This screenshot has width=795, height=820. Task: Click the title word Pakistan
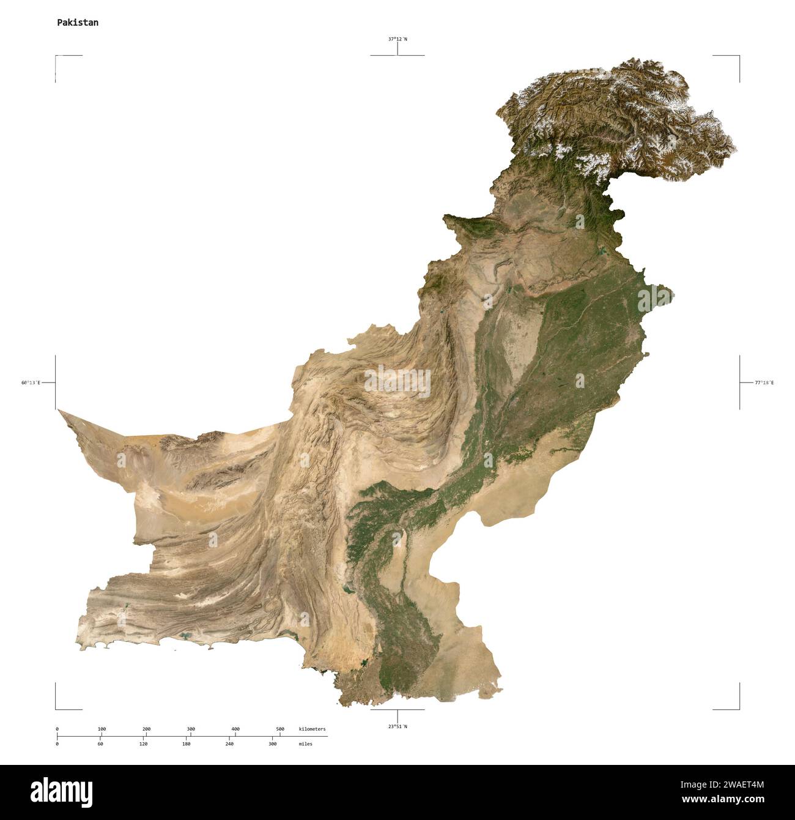78,23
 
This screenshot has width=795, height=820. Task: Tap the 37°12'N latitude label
398,39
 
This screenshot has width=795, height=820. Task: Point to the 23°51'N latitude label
398,726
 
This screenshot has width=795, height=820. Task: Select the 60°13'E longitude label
31,382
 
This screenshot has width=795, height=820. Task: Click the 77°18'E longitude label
764,382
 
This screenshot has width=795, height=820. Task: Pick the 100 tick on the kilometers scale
102,729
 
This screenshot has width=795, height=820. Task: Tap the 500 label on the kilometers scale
280,729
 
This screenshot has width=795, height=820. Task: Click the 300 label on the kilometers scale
191,729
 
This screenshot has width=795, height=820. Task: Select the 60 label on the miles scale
100,744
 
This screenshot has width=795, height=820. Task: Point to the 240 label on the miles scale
229,744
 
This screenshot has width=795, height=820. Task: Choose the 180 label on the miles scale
187,744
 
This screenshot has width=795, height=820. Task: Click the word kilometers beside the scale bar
312,729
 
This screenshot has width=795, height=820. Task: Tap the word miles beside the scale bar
305,744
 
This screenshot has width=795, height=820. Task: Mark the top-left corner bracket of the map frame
56,56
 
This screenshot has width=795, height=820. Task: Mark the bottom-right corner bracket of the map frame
739,709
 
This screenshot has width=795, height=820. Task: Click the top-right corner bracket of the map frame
739,56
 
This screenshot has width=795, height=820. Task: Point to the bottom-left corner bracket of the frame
56,709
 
